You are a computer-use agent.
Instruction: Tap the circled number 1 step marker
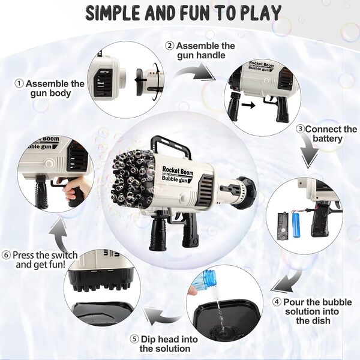pyautogui.click(x=19, y=83)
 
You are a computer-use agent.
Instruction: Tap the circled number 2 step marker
pyautogui.click(x=170, y=46)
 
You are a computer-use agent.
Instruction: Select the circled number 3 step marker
pyautogui.click(x=301, y=129)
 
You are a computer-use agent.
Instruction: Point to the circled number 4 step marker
pyautogui.click(x=277, y=302)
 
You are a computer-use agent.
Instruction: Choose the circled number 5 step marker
pyautogui.click(x=134, y=339)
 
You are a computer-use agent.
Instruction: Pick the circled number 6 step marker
pyautogui.click(x=6, y=255)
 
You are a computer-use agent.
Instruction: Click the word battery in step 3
pyautogui.click(x=328, y=139)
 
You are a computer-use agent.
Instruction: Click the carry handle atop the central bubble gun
pyautogui.click(x=170, y=145)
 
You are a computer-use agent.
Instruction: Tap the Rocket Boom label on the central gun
pyautogui.click(x=177, y=171)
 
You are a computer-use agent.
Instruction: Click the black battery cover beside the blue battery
pyautogui.click(x=282, y=226)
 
